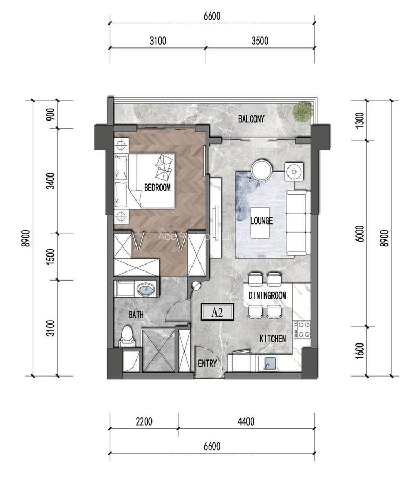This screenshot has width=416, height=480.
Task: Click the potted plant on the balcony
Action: (302, 111)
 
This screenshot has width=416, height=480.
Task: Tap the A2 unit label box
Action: (217, 313)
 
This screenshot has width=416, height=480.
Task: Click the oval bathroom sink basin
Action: (145, 290)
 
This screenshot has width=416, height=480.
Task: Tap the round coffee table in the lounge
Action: (262, 170)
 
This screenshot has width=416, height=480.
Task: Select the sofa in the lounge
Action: (297, 222)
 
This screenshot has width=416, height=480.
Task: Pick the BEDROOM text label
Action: (157, 187)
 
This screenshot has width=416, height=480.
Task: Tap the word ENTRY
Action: (207, 364)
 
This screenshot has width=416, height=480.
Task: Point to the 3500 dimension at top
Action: (260, 41)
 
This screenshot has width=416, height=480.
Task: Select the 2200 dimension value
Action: (144, 421)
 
